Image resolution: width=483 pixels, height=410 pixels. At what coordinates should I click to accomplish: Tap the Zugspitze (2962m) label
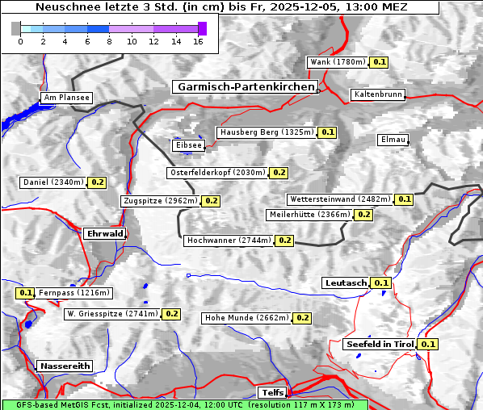coord(160,201)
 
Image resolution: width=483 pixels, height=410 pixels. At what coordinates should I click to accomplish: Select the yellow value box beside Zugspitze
coord(211,201)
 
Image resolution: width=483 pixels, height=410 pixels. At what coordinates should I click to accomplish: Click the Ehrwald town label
coord(104,234)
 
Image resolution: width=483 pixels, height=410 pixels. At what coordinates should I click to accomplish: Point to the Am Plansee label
coord(66,98)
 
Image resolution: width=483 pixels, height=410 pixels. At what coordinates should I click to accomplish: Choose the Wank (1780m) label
coord(338,62)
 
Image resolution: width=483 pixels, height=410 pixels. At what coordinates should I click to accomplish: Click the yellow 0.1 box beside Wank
coord(380,62)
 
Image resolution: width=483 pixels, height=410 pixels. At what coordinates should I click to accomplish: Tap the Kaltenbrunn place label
coord(377,94)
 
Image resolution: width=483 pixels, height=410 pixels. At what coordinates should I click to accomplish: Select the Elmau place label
coord(393,140)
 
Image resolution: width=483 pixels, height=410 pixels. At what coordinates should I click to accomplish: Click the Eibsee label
coord(188,145)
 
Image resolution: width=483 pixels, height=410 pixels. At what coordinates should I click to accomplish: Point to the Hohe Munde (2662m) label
coord(246,318)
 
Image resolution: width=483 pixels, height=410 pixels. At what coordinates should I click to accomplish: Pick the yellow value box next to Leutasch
coord(382,282)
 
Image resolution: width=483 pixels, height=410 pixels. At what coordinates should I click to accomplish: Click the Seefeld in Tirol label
coord(380,344)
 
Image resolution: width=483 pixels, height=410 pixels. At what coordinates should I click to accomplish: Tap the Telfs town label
coord(271,393)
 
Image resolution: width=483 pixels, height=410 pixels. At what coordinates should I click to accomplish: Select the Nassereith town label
coord(65,366)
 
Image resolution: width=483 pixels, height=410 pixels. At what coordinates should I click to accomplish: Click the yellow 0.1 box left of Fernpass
coord(25,293)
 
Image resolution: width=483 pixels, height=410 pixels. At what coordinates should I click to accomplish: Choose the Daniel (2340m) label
coord(52,182)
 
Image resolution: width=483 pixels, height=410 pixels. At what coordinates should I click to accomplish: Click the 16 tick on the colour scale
coord(198,41)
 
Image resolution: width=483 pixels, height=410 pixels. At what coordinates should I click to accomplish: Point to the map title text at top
coord(221,7)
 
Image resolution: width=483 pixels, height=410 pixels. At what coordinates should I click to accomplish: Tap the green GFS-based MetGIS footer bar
coord(184,404)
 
